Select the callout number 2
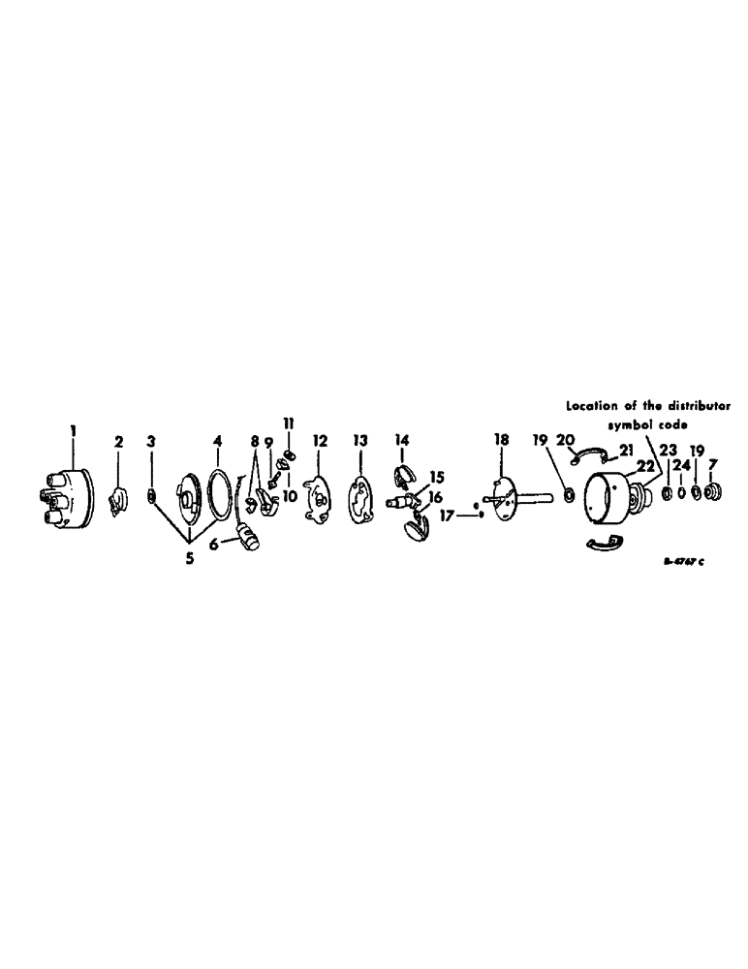(119, 442)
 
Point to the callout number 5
(189, 558)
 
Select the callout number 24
(682, 465)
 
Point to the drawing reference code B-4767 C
(689, 561)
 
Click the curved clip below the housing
(605, 546)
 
